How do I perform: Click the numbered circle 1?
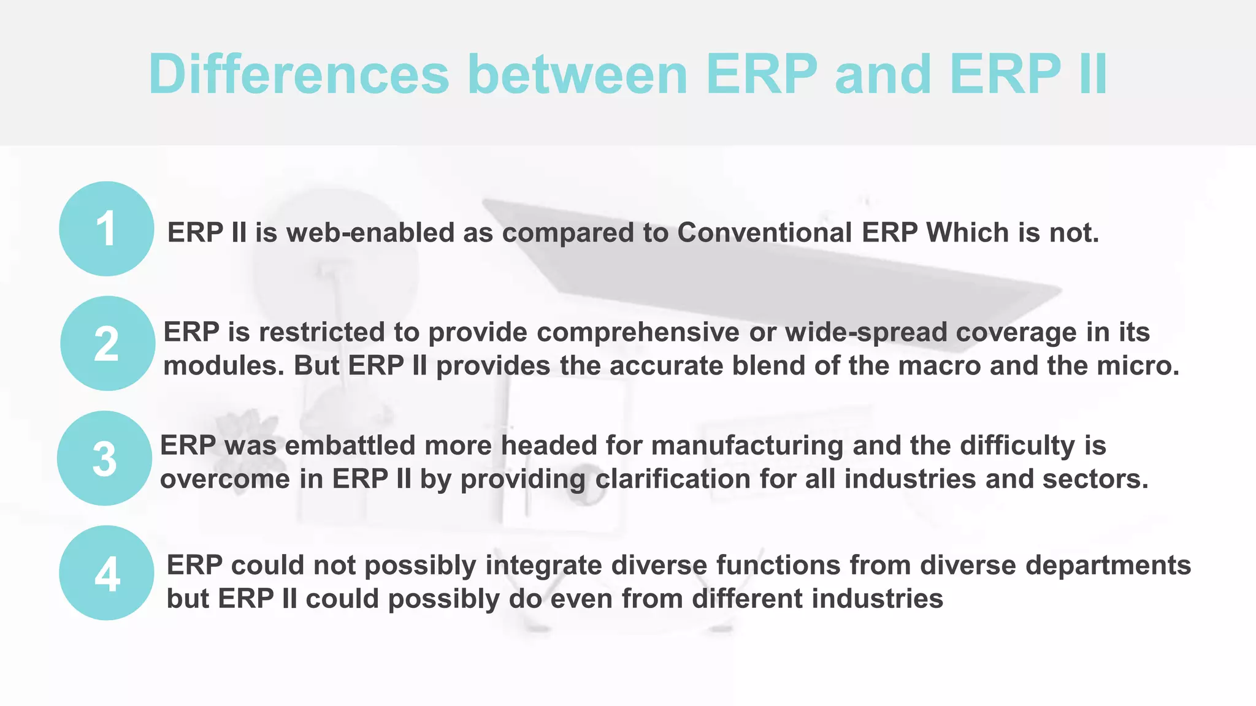[107, 229]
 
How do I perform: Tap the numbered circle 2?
[107, 343]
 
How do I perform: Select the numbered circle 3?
[105, 458]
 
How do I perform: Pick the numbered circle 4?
[107, 573]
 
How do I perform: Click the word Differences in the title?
[299, 74]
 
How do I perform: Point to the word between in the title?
[577, 74]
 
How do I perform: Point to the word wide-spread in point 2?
[866, 332]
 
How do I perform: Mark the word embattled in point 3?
[350, 446]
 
